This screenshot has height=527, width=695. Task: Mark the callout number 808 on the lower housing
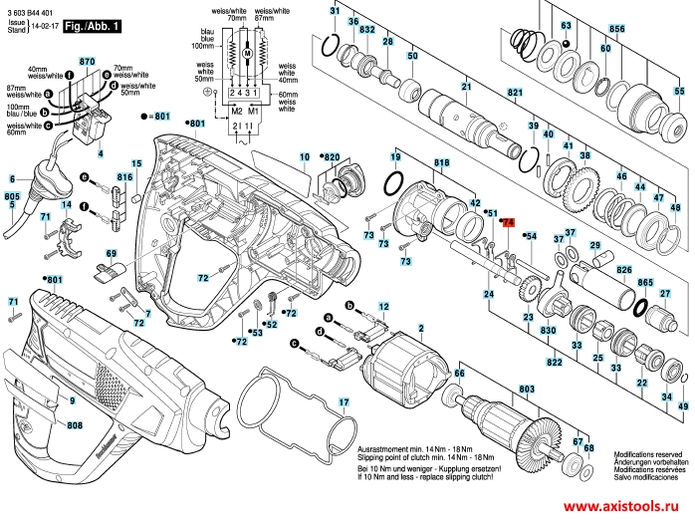tap(75, 425)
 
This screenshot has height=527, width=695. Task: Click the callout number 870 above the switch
tap(87, 62)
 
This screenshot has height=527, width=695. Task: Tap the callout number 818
tap(442, 162)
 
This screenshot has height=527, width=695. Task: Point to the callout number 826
tap(624, 269)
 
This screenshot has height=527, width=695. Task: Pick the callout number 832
tap(367, 30)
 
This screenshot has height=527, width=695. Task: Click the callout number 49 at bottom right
tap(682, 407)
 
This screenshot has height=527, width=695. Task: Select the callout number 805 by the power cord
tap(12, 198)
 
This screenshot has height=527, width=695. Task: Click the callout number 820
tap(333, 156)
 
